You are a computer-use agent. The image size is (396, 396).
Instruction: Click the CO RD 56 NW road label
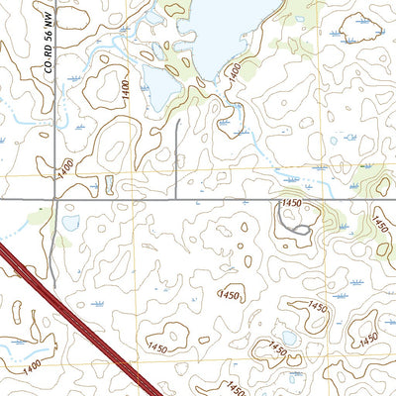pyautogui.click(x=48, y=49)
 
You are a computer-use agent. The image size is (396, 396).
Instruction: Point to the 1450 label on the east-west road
pyautogui.click(x=291, y=202)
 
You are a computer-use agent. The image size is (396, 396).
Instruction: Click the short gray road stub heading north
pyautogui.click(x=176, y=158)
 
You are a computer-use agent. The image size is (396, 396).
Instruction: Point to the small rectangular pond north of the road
pyautogui.click(x=108, y=184)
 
